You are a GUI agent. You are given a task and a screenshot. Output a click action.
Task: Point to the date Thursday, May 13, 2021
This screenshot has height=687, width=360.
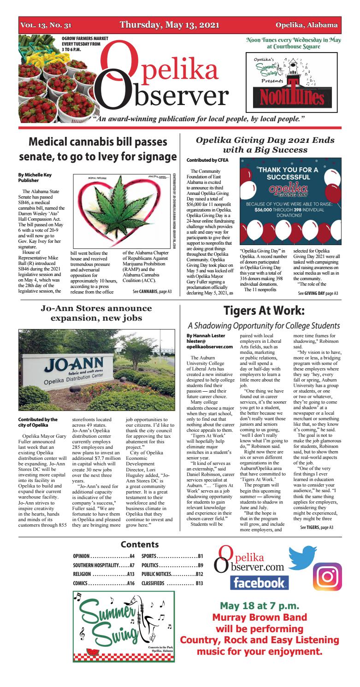169,25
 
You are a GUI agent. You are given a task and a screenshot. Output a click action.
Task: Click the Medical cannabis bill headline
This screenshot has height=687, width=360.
98,149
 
